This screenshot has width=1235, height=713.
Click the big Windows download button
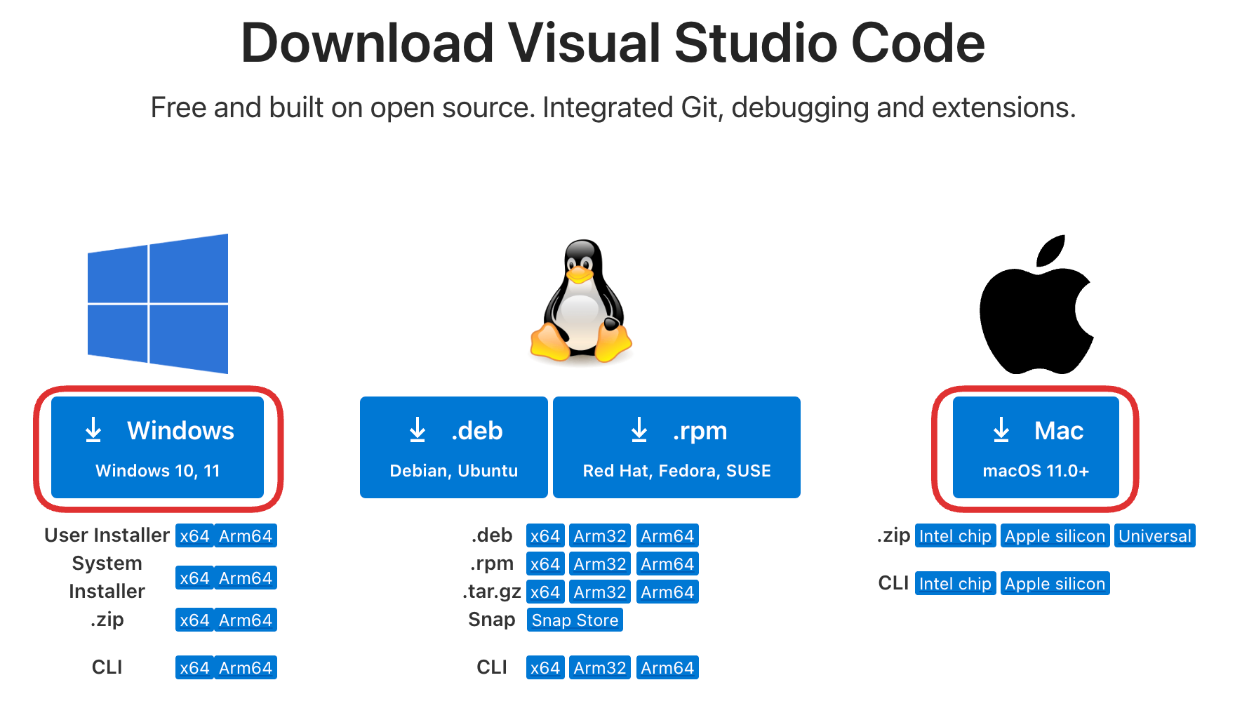pyautogui.click(x=157, y=447)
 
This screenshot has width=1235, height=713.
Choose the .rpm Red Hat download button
pyautogui.click(x=676, y=447)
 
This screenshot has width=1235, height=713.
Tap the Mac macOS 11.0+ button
pyautogui.click(x=1035, y=447)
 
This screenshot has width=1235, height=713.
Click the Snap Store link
pyautogui.click(x=575, y=620)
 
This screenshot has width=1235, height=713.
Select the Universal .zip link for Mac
pyautogui.click(x=1154, y=536)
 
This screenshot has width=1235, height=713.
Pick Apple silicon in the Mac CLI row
pyautogui.click(x=1055, y=584)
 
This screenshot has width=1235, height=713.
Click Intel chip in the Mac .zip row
pyautogui.click(x=955, y=536)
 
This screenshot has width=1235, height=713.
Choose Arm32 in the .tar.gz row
pyautogui.click(x=599, y=592)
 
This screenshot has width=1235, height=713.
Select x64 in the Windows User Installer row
pyautogui.click(x=194, y=536)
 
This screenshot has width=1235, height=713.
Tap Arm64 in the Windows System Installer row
pyautogui.click(x=245, y=578)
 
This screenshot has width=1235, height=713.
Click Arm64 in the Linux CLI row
pyautogui.click(x=667, y=668)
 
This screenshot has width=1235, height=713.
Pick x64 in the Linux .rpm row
pyautogui.click(x=545, y=564)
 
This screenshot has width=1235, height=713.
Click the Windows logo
pyautogui.click(x=158, y=303)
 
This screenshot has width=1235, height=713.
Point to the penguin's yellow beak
pyautogui.click(x=579, y=274)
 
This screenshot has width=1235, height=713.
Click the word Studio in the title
pyautogui.click(x=756, y=44)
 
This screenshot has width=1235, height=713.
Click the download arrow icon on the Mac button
pyautogui.click(x=1001, y=430)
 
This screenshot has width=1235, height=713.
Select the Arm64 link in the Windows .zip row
pyautogui.click(x=245, y=620)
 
